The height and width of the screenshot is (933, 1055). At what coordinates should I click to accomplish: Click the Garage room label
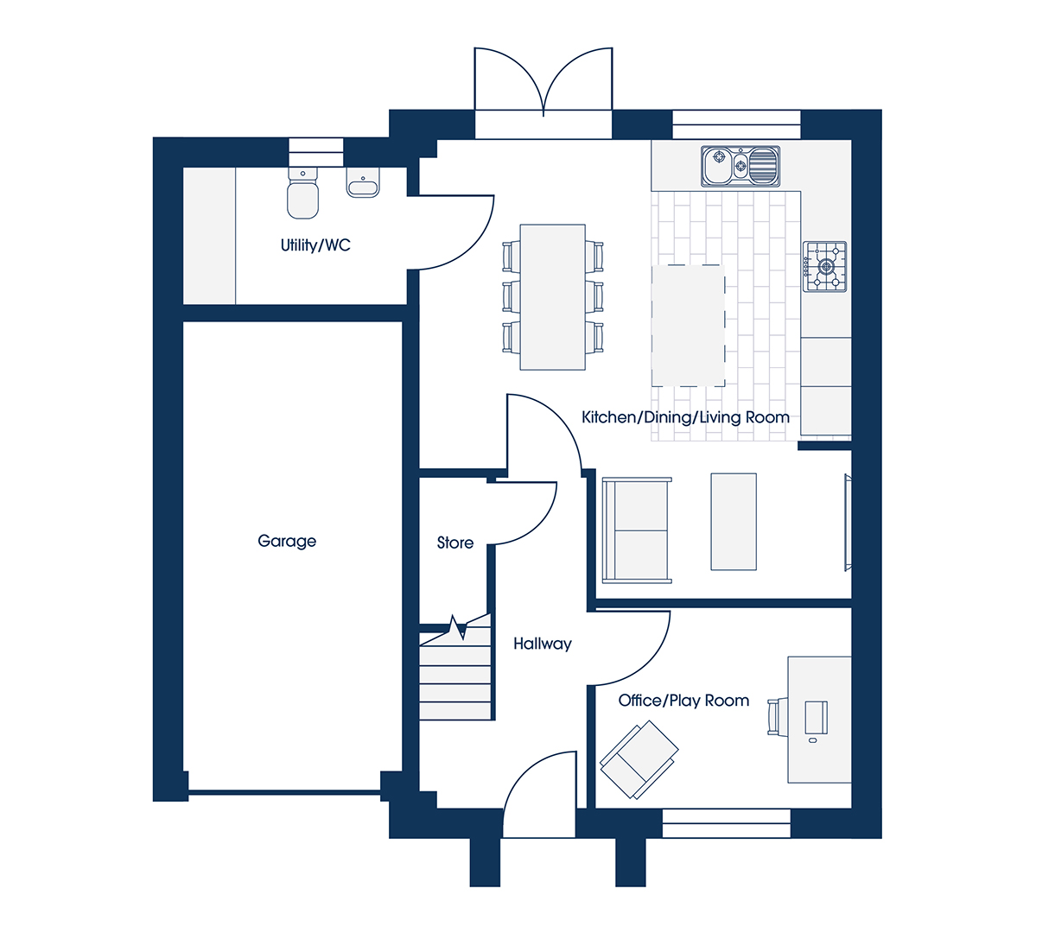coord(287,541)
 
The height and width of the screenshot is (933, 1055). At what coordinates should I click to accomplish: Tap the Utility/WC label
coord(315,245)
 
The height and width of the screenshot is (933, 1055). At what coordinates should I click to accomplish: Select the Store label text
coord(455,543)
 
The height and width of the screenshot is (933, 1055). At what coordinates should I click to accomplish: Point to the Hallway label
coord(542,644)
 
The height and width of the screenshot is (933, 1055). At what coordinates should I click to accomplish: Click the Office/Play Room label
coord(683,701)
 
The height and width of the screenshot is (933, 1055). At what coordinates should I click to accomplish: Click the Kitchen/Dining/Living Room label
coord(685,417)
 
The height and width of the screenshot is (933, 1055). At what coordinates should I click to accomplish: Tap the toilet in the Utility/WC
coord(302,194)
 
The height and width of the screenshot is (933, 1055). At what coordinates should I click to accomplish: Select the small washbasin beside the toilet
coord(363,182)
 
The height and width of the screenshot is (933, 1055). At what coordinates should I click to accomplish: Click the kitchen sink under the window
coord(740,166)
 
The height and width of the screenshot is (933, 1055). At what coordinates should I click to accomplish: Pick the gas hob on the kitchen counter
coord(825,267)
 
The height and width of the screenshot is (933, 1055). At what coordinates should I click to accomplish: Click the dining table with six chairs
coord(552,297)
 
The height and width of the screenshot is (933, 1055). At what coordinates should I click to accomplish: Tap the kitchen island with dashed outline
coord(688,326)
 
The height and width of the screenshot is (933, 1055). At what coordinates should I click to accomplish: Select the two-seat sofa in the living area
coord(637,530)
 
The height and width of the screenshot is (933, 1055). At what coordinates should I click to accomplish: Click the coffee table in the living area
coord(734,522)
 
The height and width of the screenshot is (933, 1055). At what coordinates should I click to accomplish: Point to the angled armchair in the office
coord(639,760)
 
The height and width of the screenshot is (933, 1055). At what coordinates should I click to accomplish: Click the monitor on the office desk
coord(816,717)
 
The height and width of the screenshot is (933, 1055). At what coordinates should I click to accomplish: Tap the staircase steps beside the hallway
coord(455,676)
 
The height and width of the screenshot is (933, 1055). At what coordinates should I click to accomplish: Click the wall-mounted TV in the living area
coord(848,523)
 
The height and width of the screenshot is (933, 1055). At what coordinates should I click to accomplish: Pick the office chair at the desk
coord(774,717)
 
